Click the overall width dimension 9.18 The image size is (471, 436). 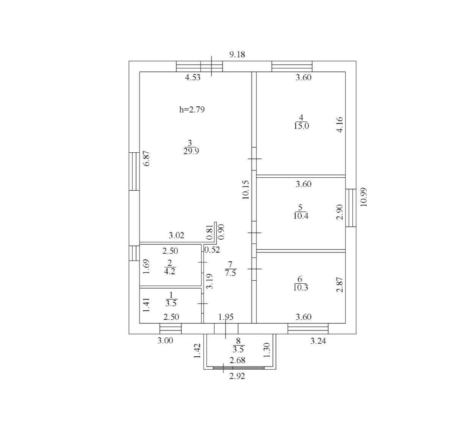coord(237,55)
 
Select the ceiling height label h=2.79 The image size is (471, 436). coord(192,110)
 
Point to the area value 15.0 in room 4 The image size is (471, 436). coord(301,126)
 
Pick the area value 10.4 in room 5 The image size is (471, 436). coord(301,216)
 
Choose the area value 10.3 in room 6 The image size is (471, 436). coord(301,288)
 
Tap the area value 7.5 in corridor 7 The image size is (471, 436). coord(231,273)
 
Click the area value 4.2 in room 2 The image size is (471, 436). coord(170,272)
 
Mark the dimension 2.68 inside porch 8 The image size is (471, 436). coord(238,360)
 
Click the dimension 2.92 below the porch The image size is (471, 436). coord(237,376)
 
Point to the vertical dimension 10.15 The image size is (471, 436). coord(246,190)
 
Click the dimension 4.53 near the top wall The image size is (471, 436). coord(193,77)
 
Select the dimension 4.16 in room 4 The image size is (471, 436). coord(340,124)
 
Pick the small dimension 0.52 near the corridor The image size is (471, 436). coord(212,250)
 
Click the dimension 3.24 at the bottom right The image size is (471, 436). coord(318,341)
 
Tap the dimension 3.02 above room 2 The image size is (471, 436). coord(176,235)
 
